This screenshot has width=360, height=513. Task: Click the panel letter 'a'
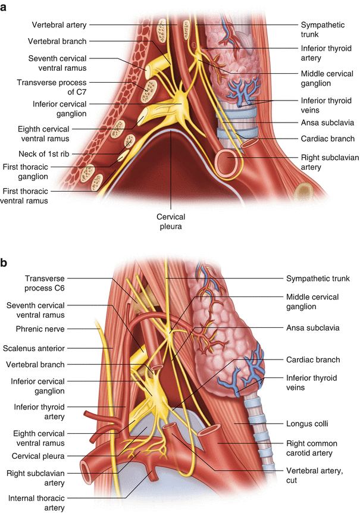[5, 6]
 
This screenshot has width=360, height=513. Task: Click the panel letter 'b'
[5, 261]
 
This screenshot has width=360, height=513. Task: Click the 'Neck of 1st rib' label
[55, 154]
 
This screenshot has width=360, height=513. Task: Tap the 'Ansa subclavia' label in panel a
[328, 123]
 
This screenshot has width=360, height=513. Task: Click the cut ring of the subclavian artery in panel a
[229, 160]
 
